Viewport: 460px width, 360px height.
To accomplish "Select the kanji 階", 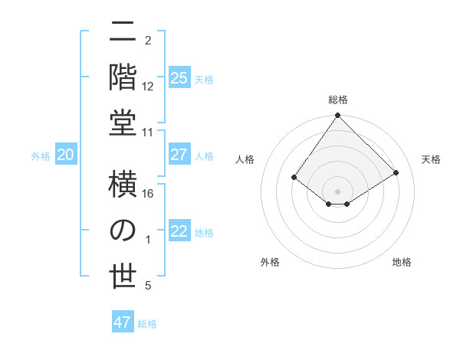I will (123, 76).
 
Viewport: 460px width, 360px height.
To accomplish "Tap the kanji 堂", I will (123, 121).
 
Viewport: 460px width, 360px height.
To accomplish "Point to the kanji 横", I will (123, 187).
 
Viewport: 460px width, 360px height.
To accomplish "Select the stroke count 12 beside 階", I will (148, 87).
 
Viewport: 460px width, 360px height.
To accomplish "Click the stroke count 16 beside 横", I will (148, 195).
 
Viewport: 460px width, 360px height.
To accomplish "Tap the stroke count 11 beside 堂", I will (148, 133).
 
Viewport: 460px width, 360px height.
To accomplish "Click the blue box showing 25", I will (179, 78).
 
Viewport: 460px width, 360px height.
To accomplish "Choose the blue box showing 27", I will (179, 155).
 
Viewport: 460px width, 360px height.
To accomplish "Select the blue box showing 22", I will (179, 232).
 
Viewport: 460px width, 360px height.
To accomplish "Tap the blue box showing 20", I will (65, 155).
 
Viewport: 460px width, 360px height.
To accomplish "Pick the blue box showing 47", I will (123, 322).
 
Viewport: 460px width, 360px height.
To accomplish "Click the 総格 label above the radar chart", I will (337, 100).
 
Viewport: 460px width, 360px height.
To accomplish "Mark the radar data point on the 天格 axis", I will (396, 173).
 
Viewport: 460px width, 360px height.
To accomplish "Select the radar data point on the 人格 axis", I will (294, 178).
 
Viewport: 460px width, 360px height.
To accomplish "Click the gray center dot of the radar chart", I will (337, 191).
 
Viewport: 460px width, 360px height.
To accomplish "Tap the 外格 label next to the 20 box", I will (41, 156).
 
